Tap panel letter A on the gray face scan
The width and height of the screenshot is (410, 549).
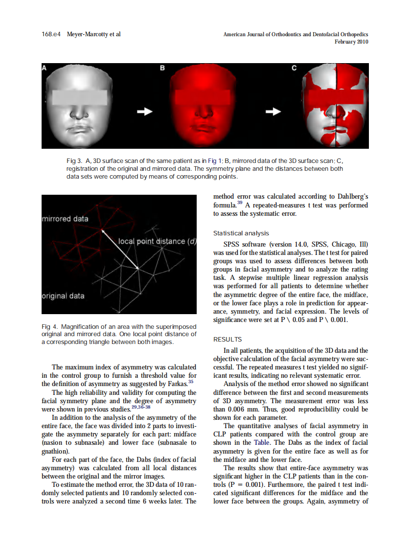[45, 68]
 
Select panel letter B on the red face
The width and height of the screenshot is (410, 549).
[162, 69]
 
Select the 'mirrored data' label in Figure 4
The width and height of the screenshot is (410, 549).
[66, 219]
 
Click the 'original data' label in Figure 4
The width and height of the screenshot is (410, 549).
[63, 296]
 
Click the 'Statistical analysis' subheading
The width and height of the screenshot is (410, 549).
[241, 233]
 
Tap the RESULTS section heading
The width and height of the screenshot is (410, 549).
[228, 339]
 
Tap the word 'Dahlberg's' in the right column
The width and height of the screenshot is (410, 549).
[349, 197]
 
